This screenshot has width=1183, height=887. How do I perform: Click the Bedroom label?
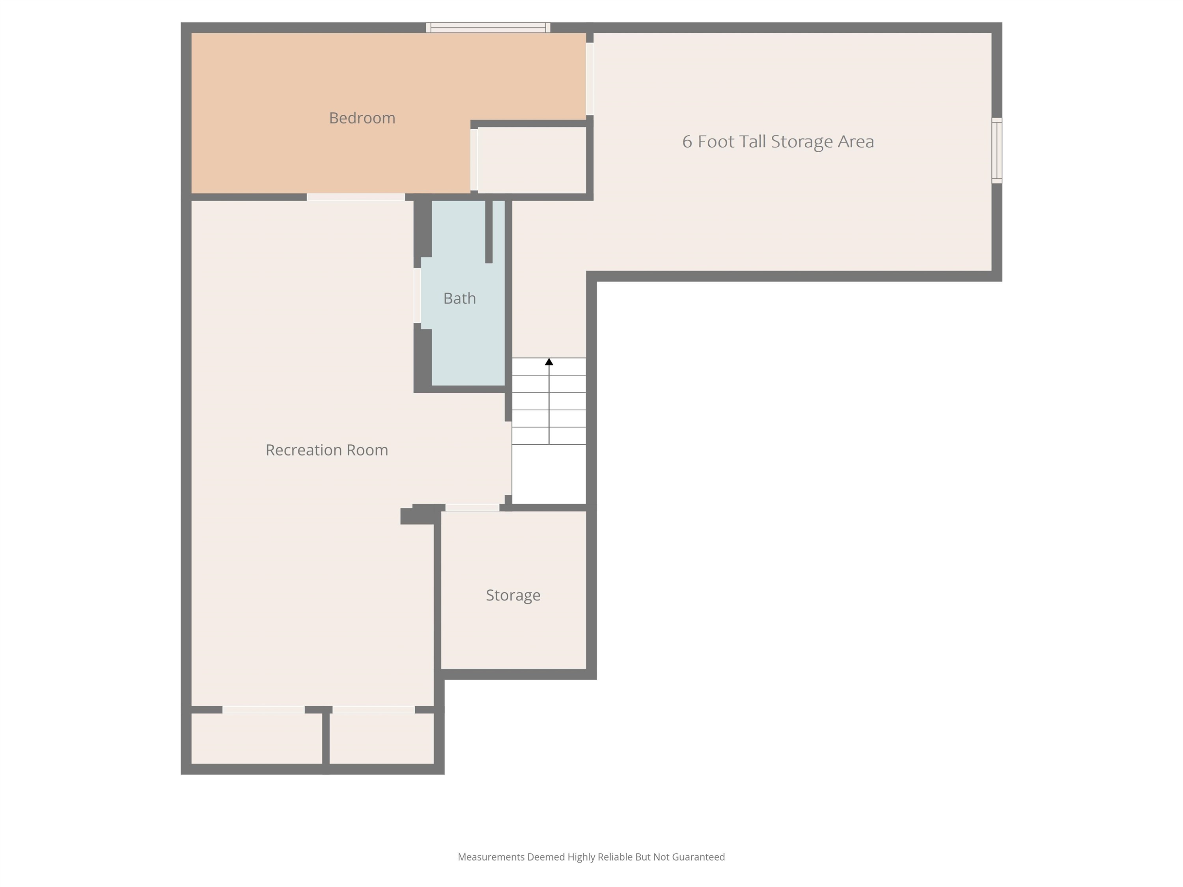pos(362,118)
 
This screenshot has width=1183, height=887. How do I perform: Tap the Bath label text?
pos(459,298)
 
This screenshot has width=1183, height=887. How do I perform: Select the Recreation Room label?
pos(327,450)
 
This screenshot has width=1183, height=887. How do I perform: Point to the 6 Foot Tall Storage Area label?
pos(778,142)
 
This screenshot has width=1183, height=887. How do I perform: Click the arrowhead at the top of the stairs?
pos(549,362)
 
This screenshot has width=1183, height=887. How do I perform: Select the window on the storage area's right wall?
pos(997,151)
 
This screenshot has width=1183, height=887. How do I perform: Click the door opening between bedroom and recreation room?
pos(356,197)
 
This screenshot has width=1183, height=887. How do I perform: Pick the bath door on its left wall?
pos(417,296)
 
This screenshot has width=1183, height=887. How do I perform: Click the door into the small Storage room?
pos(472,507)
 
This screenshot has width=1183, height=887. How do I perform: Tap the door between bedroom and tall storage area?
pos(590,78)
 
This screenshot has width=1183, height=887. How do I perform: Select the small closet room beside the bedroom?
pos(532,160)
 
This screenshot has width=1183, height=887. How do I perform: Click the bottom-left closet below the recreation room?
pos(257,738)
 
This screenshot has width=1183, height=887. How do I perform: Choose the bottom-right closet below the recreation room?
pos(381,738)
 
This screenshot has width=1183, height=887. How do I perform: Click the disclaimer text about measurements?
pos(591,857)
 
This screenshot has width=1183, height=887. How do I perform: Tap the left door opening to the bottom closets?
pos(264,710)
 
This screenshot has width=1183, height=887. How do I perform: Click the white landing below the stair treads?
pos(549,474)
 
